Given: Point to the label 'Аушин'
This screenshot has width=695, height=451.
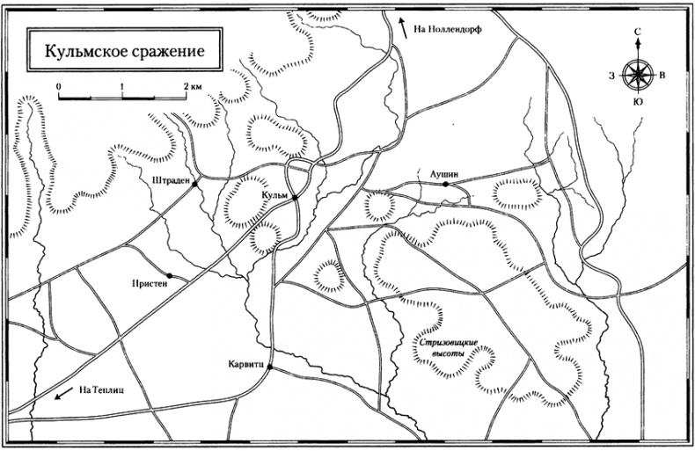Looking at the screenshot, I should click(x=445, y=175).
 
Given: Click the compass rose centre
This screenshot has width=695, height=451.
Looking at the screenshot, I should click(x=636, y=74).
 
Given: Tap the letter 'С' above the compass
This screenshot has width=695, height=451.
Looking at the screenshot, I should click(x=636, y=32).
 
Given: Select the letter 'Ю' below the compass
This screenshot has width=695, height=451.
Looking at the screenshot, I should click(x=636, y=103).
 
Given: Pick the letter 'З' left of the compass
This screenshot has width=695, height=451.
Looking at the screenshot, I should click(x=610, y=75).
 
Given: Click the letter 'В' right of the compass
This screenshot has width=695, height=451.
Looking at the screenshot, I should click(x=662, y=74).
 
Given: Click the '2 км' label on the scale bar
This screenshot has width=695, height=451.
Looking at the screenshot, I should click(x=194, y=86).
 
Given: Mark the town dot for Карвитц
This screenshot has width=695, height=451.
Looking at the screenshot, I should click(x=269, y=367).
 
